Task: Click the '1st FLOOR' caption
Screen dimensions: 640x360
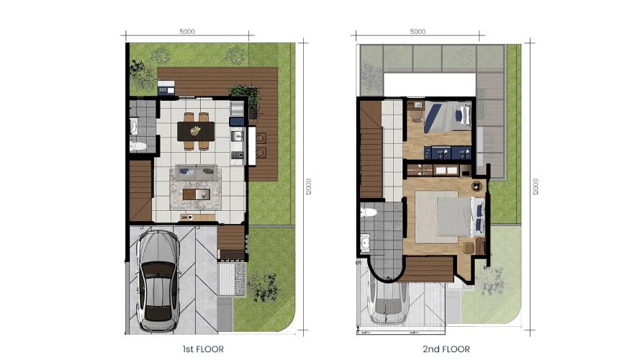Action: tap(203, 349)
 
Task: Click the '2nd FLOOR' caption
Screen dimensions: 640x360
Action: tap(446, 349)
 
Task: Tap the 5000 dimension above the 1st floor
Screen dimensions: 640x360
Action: tap(187, 32)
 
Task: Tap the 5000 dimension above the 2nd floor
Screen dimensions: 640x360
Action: tap(418, 32)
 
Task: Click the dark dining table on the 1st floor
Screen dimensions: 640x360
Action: tap(196, 131)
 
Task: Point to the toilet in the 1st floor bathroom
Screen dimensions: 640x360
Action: tap(138, 145)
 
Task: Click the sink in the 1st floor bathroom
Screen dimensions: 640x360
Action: tap(133, 127)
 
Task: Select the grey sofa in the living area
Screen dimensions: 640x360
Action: tap(197, 172)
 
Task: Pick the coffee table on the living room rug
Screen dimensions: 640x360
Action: tap(197, 194)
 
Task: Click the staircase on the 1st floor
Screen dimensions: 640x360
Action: tap(141, 191)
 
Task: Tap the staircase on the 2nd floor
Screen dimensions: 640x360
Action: tap(371, 149)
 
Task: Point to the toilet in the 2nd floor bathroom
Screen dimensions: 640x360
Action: tap(368, 212)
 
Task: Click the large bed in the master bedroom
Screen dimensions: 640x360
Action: tap(461, 217)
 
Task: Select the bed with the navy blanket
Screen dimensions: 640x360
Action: tap(448, 117)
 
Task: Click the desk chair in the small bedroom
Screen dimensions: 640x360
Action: tap(416, 117)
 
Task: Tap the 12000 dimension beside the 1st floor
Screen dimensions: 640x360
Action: tap(309, 186)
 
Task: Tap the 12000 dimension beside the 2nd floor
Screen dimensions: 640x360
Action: tap(536, 186)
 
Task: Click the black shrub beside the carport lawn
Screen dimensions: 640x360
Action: tap(264, 287)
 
